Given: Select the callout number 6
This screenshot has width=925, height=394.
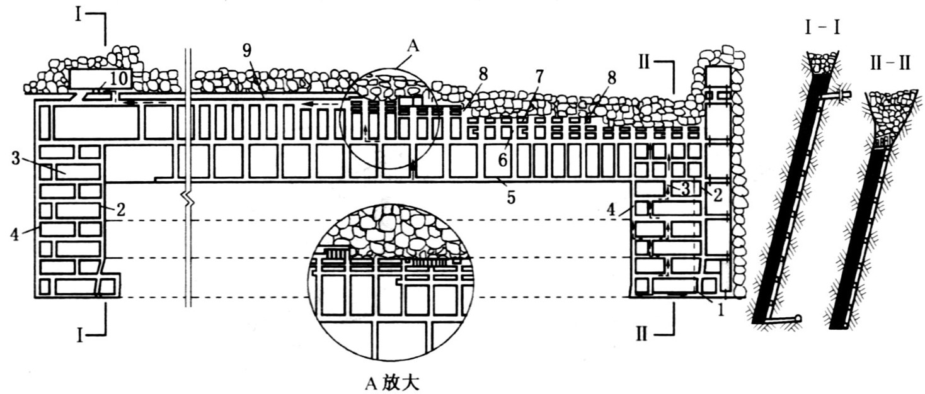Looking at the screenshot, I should pyautogui.click(x=502, y=160).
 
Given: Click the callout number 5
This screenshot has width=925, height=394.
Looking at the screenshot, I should pyautogui.click(x=511, y=196).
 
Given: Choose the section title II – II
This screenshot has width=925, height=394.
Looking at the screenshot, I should pyautogui.click(x=888, y=65).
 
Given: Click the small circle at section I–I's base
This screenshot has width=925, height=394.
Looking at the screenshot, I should pyautogui.click(x=798, y=318).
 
